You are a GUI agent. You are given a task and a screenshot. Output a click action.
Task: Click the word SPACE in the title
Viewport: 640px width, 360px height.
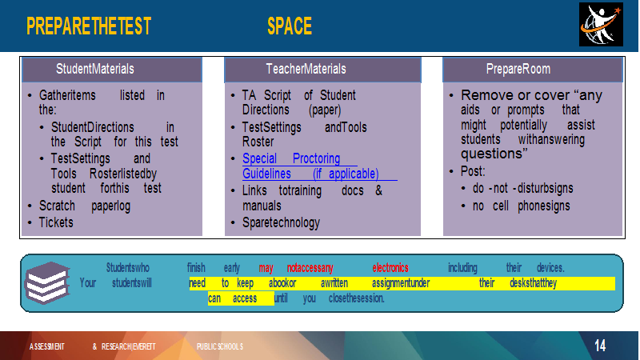point(290,26)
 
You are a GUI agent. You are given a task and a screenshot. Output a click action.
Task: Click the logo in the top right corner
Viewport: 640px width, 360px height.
point(601,25)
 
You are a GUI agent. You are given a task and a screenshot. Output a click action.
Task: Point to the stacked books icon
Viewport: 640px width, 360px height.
point(47,282)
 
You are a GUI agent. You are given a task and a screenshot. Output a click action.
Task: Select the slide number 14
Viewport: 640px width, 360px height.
point(600,346)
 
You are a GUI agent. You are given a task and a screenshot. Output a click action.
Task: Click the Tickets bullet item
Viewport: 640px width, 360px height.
point(56,222)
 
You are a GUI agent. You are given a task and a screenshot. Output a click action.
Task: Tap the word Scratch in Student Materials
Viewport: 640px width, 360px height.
point(57,206)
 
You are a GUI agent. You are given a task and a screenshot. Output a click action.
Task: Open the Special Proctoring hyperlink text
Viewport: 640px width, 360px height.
point(291,158)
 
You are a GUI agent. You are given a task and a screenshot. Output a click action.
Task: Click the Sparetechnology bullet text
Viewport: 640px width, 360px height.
point(282,223)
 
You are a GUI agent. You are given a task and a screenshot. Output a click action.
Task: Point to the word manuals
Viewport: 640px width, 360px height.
point(262,206)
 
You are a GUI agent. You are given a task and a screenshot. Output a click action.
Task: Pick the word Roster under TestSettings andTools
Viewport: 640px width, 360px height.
point(258,142)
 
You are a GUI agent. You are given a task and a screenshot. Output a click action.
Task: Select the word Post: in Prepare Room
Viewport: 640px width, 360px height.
point(473,171)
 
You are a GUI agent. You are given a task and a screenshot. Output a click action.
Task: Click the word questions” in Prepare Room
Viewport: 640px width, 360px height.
point(494,154)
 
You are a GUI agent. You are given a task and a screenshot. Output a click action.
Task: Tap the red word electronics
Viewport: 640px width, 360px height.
point(390,268)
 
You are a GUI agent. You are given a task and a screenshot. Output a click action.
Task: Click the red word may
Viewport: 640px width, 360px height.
point(266,269)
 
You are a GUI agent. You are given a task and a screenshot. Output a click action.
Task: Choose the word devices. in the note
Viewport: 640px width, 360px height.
point(550,268)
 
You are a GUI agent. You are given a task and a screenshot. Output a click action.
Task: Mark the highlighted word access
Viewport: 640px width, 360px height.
point(245,298)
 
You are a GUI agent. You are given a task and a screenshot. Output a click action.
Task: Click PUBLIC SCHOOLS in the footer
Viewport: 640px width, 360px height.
point(219,346)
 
